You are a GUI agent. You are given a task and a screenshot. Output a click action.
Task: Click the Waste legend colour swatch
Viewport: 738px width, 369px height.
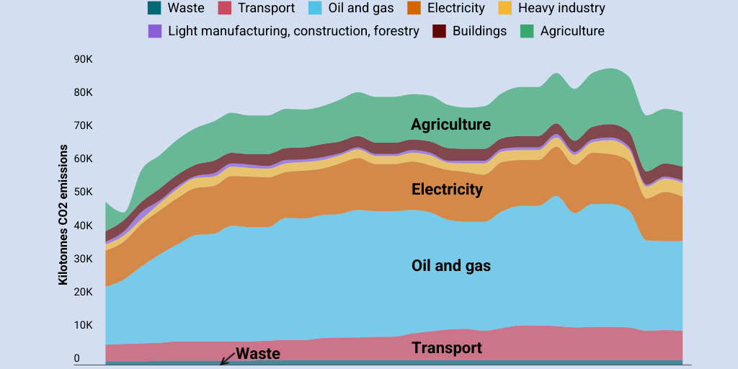tap(154, 9)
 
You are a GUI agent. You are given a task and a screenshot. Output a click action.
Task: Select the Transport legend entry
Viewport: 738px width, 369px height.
tap(266, 9)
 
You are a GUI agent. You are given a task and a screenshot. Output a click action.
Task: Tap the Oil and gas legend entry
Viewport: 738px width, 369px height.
tap(360, 9)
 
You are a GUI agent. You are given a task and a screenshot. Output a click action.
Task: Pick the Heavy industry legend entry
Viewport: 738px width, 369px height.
tap(561, 9)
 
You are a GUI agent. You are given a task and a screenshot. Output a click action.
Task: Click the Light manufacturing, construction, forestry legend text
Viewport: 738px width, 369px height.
tap(293, 31)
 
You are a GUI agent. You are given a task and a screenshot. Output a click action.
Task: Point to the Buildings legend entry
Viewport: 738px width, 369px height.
tap(479, 31)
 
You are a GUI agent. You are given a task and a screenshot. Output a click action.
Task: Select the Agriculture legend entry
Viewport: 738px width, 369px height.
tap(572, 31)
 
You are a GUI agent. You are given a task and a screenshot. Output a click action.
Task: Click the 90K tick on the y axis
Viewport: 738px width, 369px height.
tap(83, 59)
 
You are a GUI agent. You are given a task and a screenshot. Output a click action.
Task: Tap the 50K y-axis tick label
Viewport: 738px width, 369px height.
tap(83, 192)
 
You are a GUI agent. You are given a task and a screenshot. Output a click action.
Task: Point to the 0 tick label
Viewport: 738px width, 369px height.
tap(76, 358)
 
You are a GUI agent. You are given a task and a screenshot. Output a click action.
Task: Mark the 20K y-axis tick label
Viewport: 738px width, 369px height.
tap(83, 292)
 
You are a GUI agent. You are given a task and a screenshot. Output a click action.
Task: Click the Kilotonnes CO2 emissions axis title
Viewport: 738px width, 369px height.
tap(63, 215)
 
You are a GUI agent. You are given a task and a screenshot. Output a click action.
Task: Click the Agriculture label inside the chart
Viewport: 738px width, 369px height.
tap(450, 124)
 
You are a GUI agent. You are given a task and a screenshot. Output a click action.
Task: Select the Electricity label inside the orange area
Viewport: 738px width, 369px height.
tap(447, 190)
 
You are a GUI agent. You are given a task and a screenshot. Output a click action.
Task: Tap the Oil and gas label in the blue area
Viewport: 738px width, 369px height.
tap(450, 265)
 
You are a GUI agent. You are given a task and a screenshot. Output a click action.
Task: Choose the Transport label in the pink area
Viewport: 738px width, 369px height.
tap(446, 348)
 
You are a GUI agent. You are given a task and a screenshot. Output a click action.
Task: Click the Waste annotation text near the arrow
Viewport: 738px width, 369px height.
tap(257, 353)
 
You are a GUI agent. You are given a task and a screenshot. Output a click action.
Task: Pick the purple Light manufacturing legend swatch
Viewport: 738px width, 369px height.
tap(154, 31)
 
